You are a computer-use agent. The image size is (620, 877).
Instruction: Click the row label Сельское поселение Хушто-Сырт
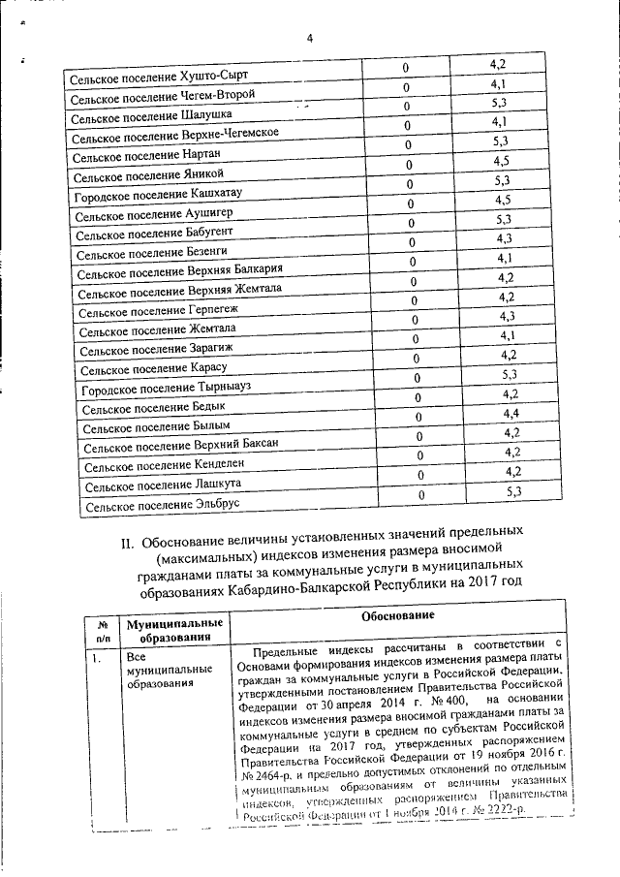pyautogui.click(x=154, y=75)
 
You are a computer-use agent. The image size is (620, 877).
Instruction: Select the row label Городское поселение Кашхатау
pyautogui.click(x=158, y=195)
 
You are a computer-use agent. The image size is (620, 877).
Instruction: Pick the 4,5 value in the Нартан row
pyautogui.click(x=501, y=160)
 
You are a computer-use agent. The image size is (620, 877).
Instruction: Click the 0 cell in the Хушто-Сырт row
pyautogui.click(x=406, y=67)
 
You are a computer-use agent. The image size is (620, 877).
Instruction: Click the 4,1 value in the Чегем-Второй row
pyautogui.click(x=500, y=83)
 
